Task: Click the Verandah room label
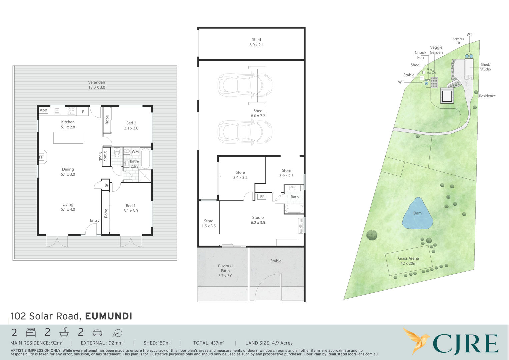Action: pyautogui.click(x=97, y=85)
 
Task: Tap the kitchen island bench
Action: pyautogui.click(x=68, y=138)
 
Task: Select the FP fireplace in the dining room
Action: pyautogui.click(x=42, y=157)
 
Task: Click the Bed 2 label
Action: pyautogui.click(x=131, y=125)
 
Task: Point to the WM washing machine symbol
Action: pyautogui.click(x=135, y=152)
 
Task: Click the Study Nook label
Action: pyautogui.click(x=103, y=156)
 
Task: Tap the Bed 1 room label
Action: pyautogui.click(x=131, y=208)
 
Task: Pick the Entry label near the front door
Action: pyautogui.click(x=95, y=220)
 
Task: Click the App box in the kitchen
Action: pyautogui.click(x=43, y=110)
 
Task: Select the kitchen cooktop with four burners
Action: pyautogui.click(x=71, y=111)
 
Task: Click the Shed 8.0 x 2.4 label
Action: pyautogui.click(x=256, y=42)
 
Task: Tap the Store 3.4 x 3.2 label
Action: pyautogui.click(x=240, y=175)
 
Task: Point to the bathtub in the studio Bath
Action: pyautogui.click(x=294, y=209)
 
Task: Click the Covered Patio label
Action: pyautogui.click(x=225, y=271)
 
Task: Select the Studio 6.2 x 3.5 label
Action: pyautogui.click(x=258, y=220)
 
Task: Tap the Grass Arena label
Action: pyautogui.click(x=408, y=261)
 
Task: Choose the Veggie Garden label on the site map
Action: pyautogui.click(x=436, y=50)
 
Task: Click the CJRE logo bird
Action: pyautogui.click(x=416, y=340)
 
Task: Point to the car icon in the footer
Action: pyautogui.click(x=97, y=333)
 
